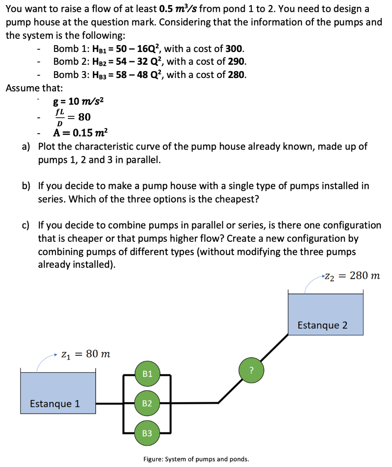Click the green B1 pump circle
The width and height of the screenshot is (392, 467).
coord(147,374)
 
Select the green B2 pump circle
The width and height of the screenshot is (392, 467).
coord(147,403)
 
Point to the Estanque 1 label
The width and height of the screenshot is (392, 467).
coord(55,404)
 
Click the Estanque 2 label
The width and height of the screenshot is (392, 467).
coord(322,325)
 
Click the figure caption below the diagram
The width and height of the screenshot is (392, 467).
coord(196,459)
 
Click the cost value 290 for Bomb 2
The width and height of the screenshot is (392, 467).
coord(237,62)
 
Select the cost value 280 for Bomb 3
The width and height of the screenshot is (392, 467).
coord(237,74)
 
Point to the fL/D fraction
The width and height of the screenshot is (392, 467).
coord(59,117)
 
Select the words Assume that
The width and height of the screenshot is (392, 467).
coord(35,88)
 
